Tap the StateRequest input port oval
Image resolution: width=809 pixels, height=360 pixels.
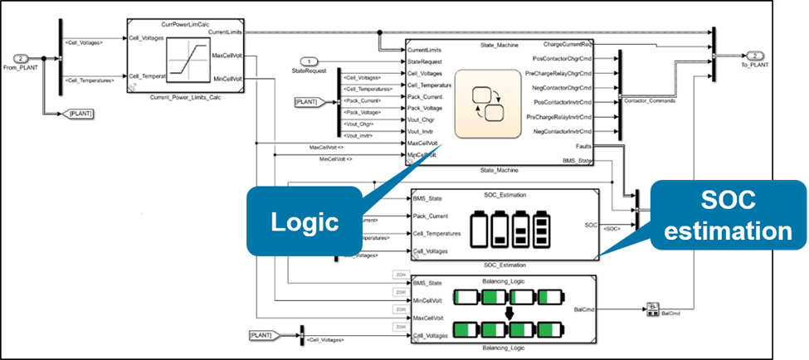309,61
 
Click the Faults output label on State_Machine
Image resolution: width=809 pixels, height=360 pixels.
581,146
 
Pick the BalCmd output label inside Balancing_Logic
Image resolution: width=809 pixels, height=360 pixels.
583,309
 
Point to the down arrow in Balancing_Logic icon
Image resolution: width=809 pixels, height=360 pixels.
509,312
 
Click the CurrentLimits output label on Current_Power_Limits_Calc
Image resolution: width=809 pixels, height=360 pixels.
226,32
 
